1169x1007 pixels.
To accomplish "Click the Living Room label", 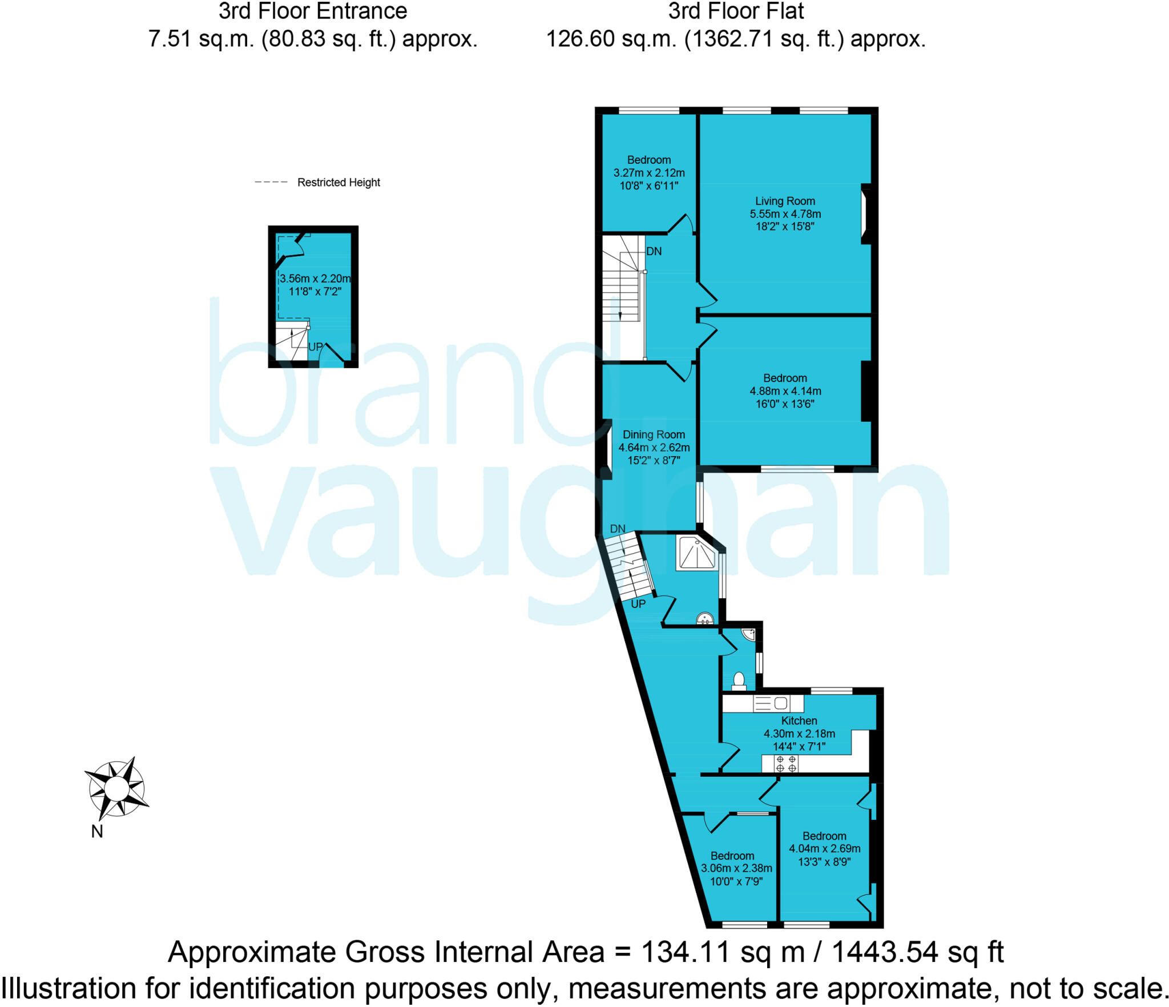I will pyautogui.click(x=785, y=201).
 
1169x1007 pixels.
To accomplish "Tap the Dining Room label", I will pyautogui.click(x=654, y=434).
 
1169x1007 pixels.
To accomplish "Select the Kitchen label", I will pyautogui.click(x=799, y=720).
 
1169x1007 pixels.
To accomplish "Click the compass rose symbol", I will pyautogui.click(x=117, y=788).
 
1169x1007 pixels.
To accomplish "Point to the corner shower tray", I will pyautogui.click(x=696, y=553).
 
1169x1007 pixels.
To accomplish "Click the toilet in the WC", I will pyautogui.click(x=739, y=681).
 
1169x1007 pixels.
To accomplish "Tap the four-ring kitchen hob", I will pyautogui.click(x=786, y=764).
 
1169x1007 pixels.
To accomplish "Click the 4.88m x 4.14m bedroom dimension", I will pyautogui.click(x=785, y=391).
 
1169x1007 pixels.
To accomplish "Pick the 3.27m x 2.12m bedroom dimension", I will pyautogui.click(x=649, y=172).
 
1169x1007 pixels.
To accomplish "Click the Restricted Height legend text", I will pyautogui.click(x=338, y=183).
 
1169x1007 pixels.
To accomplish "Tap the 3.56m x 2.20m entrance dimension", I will pyautogui.click(x=315, y=279).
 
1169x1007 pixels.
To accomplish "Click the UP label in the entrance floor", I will pyautogui.click(x=315, y=347).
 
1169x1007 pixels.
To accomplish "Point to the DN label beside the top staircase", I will pyautogui.click(x=654, y=251).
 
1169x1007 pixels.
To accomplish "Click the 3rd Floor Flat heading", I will pyautogui.click(x=736, y=11).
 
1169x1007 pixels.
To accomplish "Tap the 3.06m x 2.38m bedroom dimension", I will pyautogui.click(x=736, y=868).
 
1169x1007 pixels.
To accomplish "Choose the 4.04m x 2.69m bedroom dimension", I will pyautogui.click(x=824, y=848).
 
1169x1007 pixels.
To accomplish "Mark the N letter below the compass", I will pyautogui.click(x=97, y=832).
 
